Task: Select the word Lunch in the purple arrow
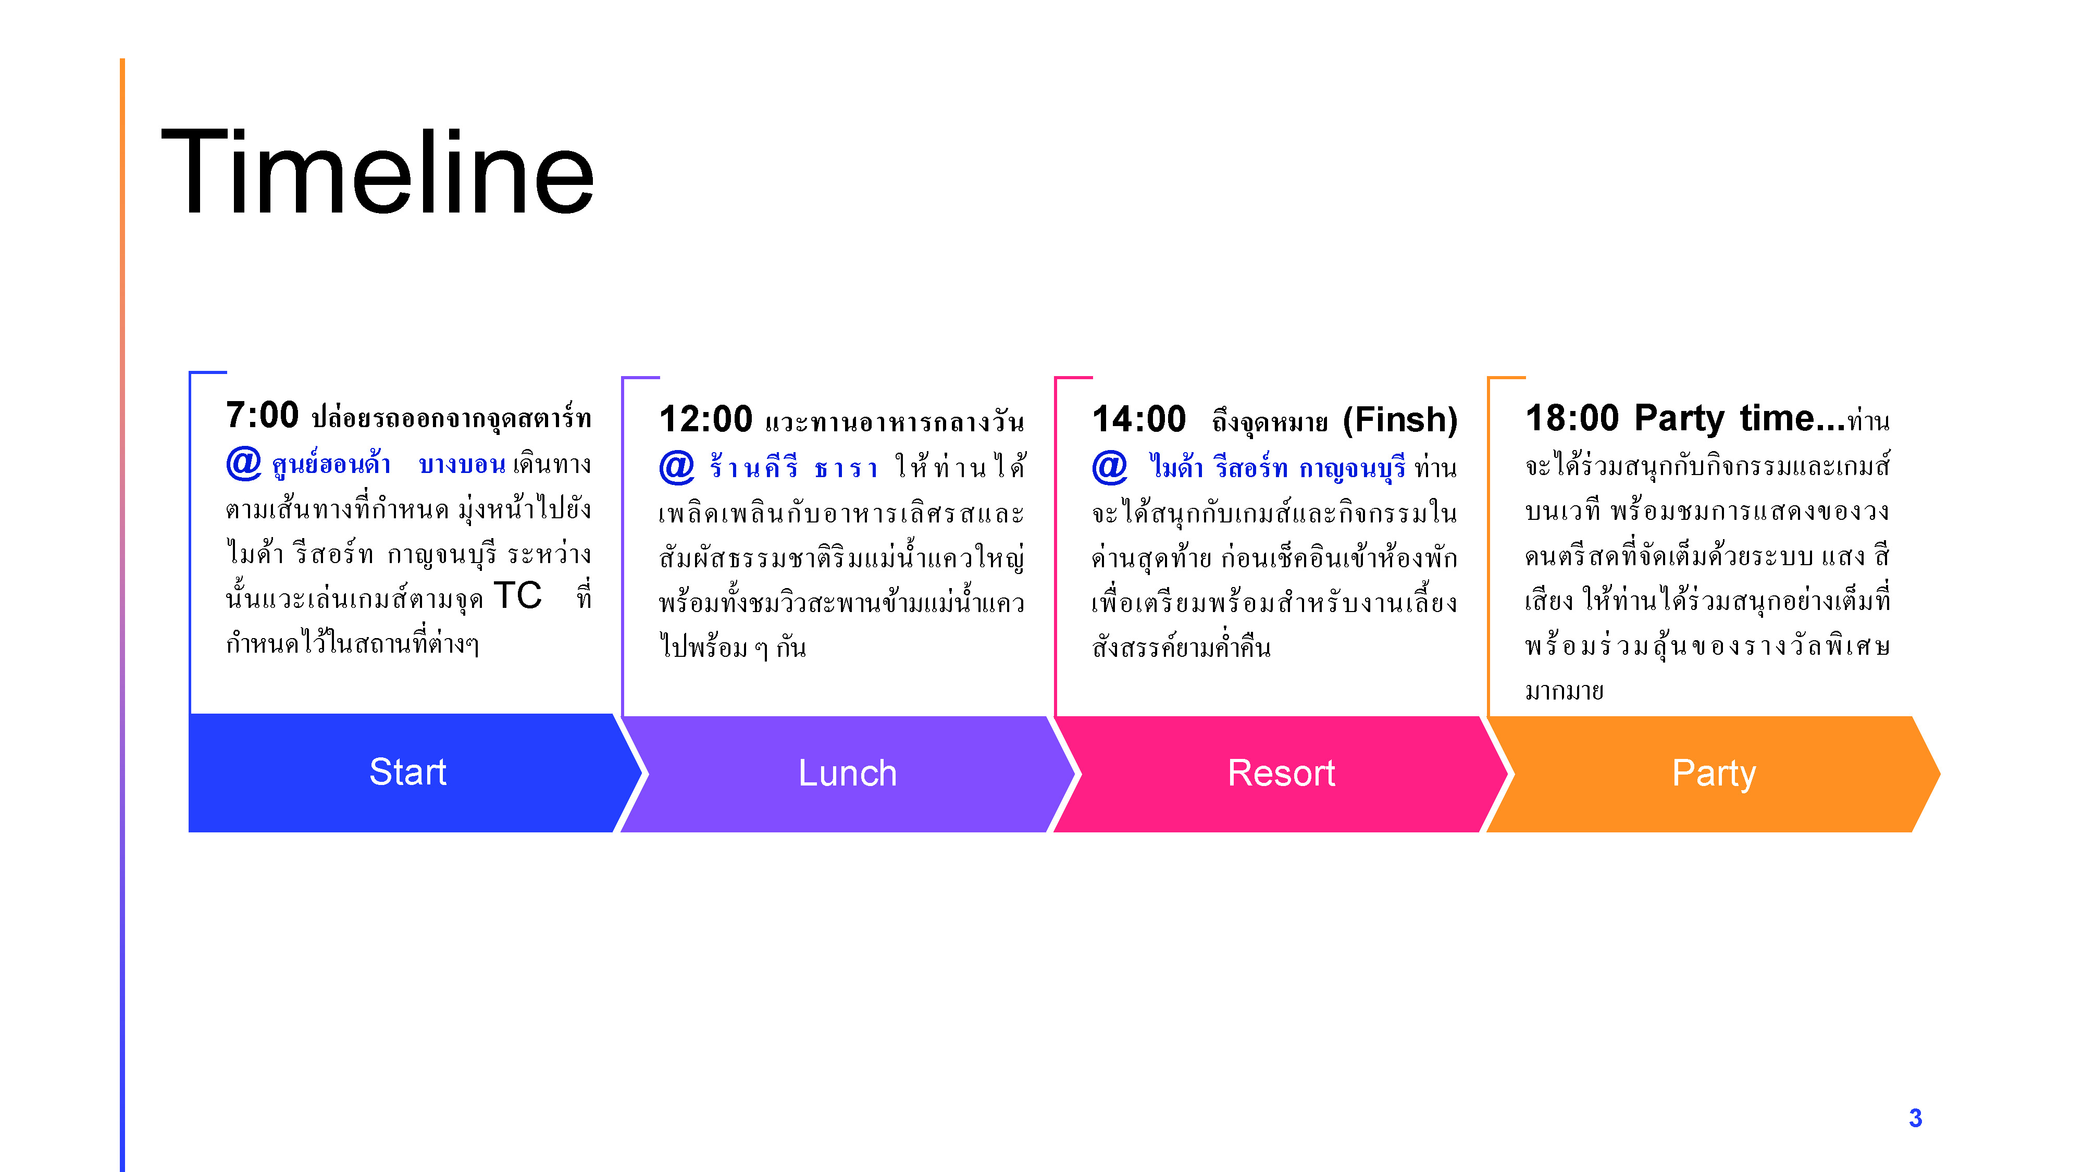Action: (848, 773)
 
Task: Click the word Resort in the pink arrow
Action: (1282, 773)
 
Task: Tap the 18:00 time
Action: (1572, 418)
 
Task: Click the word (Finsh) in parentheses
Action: (1400, 420)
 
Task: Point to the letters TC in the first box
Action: (518, 595)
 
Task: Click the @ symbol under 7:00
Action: (243, 464)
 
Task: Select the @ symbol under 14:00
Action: (1110, 468)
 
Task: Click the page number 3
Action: (1915, 1118)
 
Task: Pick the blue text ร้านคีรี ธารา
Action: (793, 467)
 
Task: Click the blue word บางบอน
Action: (462, 464)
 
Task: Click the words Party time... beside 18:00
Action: (1740, 419)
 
